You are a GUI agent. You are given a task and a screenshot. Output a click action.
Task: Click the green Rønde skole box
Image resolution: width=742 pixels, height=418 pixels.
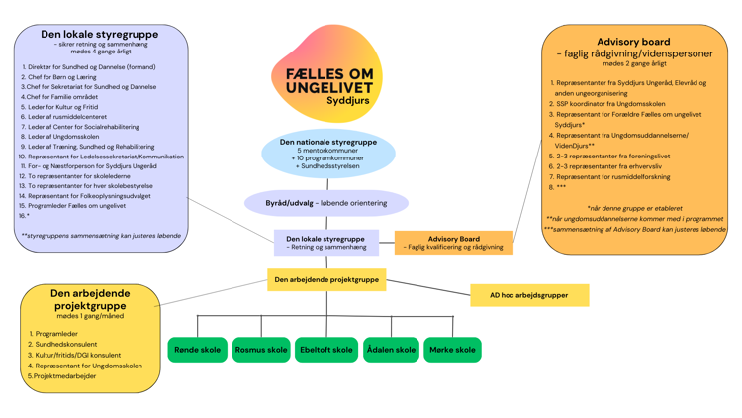[x=198, y=350]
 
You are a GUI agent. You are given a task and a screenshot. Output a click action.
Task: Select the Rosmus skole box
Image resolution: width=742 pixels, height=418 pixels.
[x=261, y=350]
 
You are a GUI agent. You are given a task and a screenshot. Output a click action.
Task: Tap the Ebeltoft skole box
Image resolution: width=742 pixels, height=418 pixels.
[x=326, y=350]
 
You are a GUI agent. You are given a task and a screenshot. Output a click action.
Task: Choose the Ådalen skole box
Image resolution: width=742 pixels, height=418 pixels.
[x=392, y=350]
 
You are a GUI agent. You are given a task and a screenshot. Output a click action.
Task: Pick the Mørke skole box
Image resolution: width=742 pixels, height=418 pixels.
[x=453, y=350]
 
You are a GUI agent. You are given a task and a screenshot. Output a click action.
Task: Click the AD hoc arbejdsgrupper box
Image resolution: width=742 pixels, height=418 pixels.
[x=528, y=295]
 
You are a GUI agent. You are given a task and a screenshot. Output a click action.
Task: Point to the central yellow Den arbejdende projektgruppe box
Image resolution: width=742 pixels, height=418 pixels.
[x=326, y=280]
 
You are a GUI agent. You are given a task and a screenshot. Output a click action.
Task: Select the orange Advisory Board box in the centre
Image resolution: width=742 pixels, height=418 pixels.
[x=454, y=243]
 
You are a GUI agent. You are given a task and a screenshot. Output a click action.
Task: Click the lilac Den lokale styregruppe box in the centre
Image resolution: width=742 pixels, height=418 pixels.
[x=325, y=243]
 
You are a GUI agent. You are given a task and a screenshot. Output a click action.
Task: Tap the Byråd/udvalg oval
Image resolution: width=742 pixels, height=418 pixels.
[x=326, y=203]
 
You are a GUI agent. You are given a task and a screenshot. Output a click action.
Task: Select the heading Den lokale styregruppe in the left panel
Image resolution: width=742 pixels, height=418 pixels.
[x=101, y=34]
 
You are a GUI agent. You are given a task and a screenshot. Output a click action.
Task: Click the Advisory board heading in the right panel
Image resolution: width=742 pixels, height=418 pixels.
[x=634, y=42]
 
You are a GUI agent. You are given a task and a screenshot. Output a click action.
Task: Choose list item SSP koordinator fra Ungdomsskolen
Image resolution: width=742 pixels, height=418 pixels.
[x=610, y=103]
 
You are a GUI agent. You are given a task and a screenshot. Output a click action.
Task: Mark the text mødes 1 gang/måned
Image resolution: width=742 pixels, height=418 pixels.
[x=90, y=316]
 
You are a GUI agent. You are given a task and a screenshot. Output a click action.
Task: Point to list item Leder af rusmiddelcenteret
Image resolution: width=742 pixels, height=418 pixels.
[x=66, y=117]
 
